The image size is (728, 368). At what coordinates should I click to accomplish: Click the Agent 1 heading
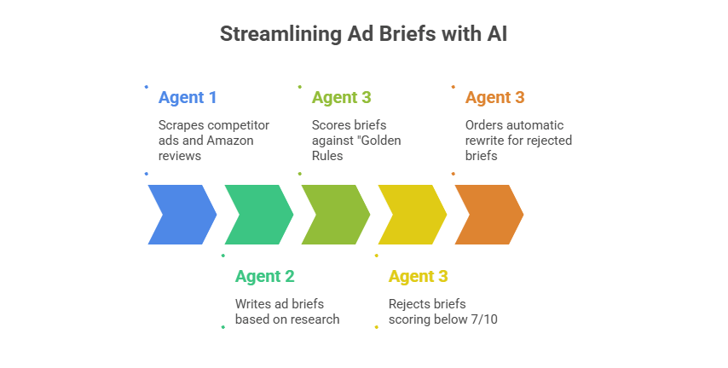(x=188, y=97)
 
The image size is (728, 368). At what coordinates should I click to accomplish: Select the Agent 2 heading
(x=264, y=276)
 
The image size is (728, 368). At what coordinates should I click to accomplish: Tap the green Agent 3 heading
(x=341, y=97)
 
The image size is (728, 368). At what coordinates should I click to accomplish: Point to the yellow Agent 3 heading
(x=418, y=276)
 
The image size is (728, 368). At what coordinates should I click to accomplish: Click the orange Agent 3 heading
(x=494, y=97)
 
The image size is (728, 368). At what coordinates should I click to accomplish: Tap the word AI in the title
(x=495, y=34)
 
